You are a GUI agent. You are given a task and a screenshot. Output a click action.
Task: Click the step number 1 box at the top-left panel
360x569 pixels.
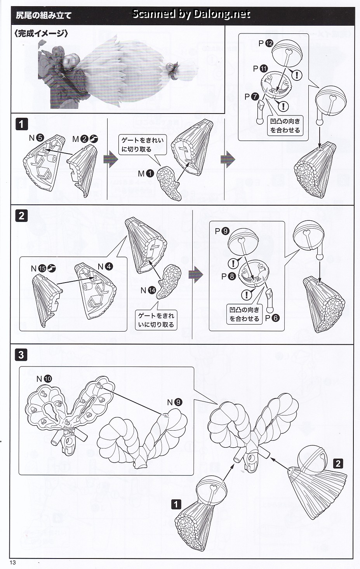pyautogui.click(x=21, y=124)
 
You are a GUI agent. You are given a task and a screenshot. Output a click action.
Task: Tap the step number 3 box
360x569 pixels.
pyautogui.click(x=21, y=354)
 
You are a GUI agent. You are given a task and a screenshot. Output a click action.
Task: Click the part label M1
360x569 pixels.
pyautogui.click(x=146, y=173)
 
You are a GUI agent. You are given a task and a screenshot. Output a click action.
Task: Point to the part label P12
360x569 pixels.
pyautogui.click(x=266, y=43)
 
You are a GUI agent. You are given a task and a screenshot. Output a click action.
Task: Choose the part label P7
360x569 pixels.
pyautogui.click(x=252, y=96)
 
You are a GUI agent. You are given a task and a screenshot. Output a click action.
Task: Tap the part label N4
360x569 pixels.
pyautogui.click(x=105, y=266)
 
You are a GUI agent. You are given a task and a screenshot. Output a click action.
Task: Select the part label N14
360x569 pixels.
pyautogui.click(x=148, y=290)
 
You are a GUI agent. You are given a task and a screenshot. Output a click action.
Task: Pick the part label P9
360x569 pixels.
pyautogui.click(x=222, y=231)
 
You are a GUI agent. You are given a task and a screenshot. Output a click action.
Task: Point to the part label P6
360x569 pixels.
pyautogui.click(x=272, y=318)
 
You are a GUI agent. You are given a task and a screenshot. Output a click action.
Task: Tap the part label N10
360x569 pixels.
pyautogui.click(x=44, y=379)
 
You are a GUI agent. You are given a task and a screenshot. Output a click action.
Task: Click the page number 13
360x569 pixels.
pyautogui.click(x=13, y=563)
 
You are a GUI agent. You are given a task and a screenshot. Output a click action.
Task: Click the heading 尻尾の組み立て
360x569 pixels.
pyautogui.click(x=43, y=16)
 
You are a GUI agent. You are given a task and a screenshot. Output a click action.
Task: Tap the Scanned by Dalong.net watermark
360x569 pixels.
pyautogui.click(x=191, y=14)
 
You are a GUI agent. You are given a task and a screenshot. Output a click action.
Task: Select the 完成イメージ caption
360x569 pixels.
pyautogui.click(x=41, y=33)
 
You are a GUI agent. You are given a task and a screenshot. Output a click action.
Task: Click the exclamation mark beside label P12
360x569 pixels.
pyautogui.click(x=297, y=74)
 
